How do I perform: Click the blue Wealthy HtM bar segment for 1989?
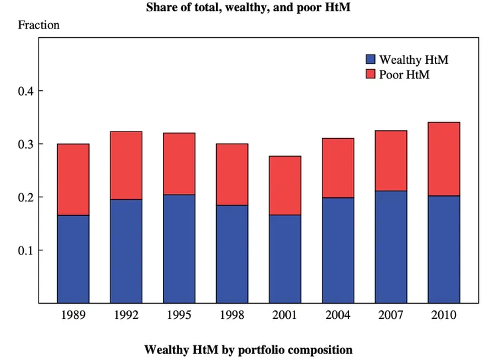73,259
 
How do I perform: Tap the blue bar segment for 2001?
285,259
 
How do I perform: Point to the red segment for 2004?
338,168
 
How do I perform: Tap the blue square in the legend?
371,60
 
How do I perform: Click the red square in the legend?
371,74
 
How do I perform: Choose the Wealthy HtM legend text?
414,60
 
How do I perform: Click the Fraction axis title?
39,26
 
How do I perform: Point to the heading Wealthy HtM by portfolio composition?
248,349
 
